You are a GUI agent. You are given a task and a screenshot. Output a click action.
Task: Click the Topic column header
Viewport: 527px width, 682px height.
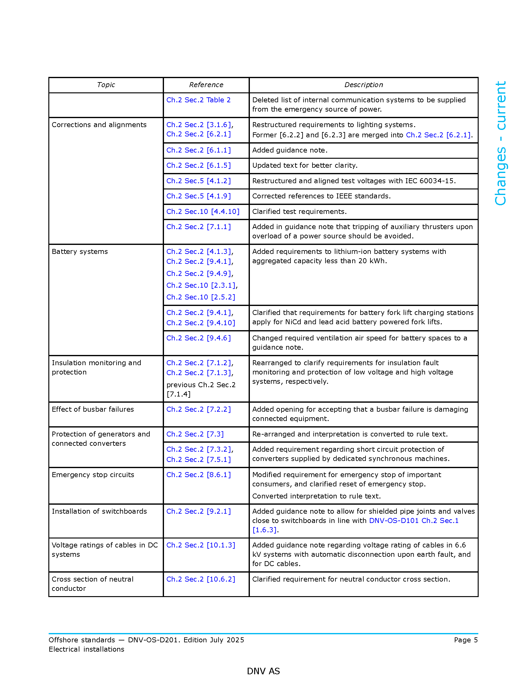pos(106,85)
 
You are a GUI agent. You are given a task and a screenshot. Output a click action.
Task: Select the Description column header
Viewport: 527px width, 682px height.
pos(363,85)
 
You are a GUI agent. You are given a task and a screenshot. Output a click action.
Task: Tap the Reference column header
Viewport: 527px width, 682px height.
pos(206,85)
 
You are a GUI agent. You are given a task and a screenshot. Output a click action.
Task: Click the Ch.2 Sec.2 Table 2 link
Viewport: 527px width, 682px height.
pos(198,100)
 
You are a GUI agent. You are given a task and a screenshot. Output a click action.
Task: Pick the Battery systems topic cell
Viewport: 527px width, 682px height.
pos(80,251)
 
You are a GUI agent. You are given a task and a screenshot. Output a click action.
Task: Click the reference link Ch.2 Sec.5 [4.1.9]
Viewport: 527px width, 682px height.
pos(198,196)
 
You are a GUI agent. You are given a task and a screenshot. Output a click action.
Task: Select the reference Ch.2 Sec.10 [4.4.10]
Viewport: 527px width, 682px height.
pos(203,211)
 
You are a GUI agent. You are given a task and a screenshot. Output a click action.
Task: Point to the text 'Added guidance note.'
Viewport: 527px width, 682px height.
pos(290,150)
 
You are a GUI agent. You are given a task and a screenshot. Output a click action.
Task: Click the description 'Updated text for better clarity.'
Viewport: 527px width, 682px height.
pos(305,165)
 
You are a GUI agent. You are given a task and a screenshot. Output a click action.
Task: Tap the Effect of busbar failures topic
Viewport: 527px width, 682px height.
pos(93,409)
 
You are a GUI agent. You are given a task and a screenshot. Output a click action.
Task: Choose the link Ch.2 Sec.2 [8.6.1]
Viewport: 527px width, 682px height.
pos(198,475)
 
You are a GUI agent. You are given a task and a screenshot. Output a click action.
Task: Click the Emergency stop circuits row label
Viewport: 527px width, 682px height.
pos(93,475)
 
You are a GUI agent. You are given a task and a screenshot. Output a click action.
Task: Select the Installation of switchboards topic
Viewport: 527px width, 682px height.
pos(99,511)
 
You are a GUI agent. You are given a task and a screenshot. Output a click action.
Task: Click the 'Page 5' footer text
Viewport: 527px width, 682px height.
pos(466,640)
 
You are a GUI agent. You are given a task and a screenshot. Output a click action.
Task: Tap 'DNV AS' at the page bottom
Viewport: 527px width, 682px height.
pos(263,671)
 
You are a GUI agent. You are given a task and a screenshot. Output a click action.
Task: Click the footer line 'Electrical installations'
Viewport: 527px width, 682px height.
pos(86,649)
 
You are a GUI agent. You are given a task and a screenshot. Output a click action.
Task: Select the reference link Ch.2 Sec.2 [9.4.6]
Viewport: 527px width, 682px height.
pos(198,338)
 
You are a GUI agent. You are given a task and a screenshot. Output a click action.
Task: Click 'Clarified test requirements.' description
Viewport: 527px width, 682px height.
pos(299,211)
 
